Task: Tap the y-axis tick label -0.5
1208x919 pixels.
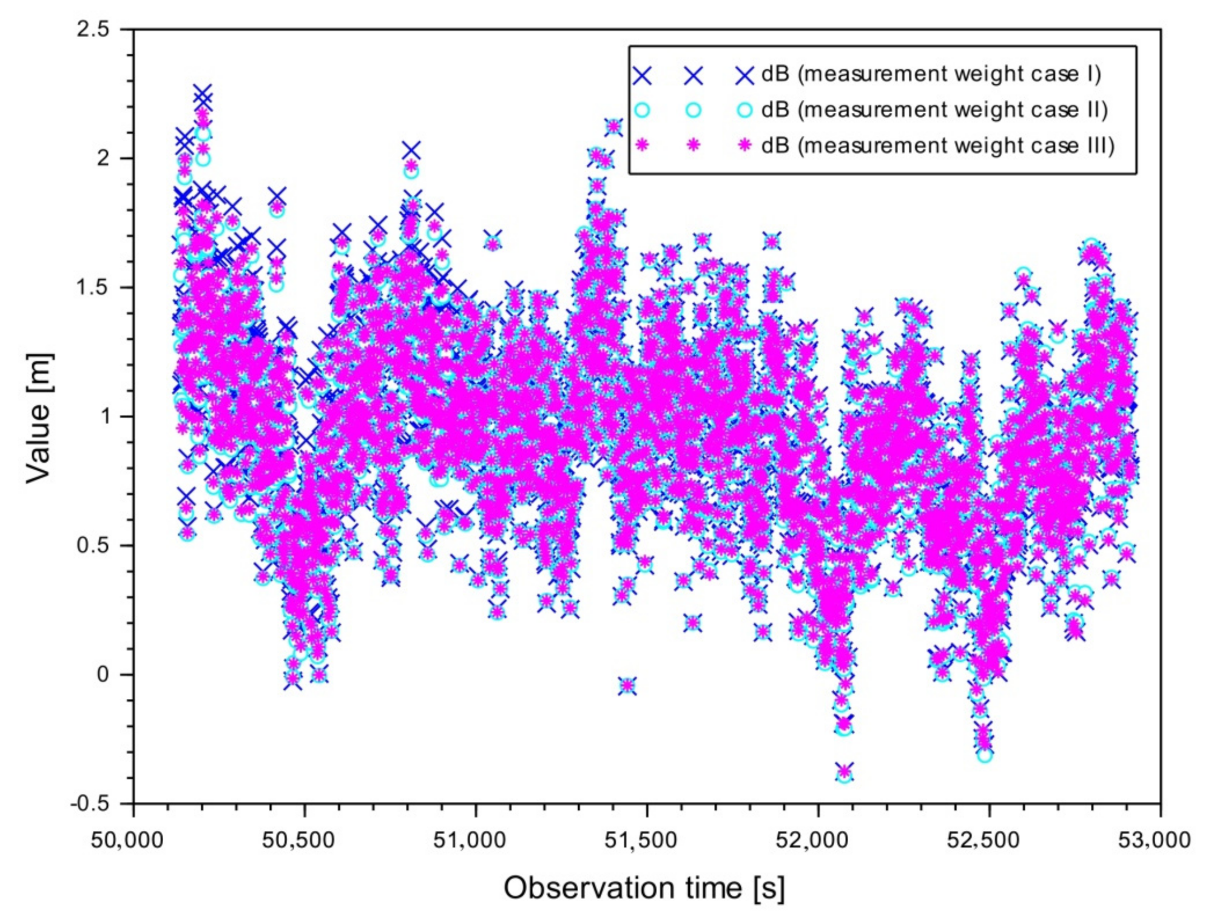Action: pos(90,804)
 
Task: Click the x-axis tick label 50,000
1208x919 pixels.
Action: pos(127,841)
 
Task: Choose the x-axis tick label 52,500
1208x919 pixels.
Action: pos(983,841)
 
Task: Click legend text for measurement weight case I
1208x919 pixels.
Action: pos(931,74)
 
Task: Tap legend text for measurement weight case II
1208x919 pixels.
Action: pos(934,110)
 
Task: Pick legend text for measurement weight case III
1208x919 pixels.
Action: pos(938,146)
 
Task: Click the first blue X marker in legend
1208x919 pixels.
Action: pos(642,75)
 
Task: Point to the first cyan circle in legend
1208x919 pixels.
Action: pos(642,110)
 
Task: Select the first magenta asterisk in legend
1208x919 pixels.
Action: pos(642,146)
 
